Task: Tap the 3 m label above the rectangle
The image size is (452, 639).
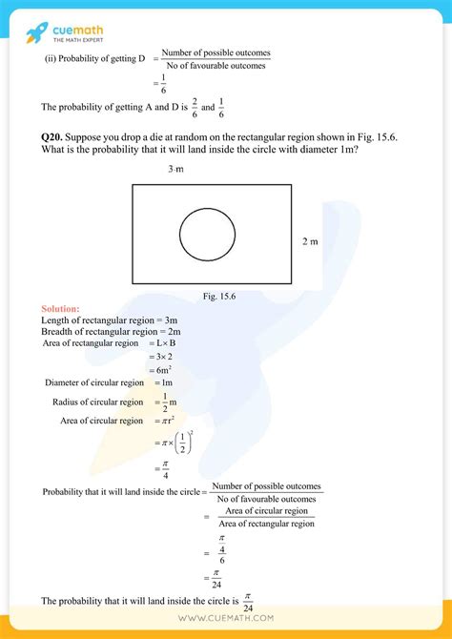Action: coord(176,169)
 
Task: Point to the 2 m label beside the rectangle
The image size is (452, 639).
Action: coord(311,241)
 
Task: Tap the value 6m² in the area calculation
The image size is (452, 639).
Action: coord(158,369)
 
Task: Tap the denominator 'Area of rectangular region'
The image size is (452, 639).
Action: coord(266,524)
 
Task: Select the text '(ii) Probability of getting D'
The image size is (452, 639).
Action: coord(91,58)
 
